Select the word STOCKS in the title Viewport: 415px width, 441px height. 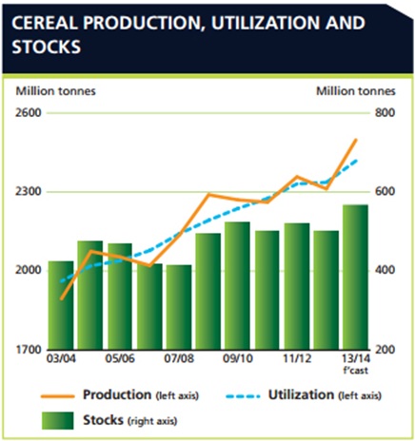tap(47, 47)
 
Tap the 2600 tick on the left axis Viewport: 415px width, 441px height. tap(29, 113)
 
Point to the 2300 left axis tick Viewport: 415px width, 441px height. tap(29, 192)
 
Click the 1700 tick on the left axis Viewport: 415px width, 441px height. tap(29, 350)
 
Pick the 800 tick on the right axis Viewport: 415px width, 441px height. tap(385, 113)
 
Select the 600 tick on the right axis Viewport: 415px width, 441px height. tap(385, 192)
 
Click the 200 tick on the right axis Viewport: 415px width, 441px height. tap(385, 350)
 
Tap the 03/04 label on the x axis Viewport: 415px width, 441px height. tap(61, 359)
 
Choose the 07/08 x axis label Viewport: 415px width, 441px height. tap(179, 359)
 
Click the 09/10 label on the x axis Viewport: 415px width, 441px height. tap(238, 359)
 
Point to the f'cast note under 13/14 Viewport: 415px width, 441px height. tap(356, 371)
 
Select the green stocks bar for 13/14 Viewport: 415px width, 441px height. tap(356, 278)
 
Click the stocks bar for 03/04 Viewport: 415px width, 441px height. tap(61, 305)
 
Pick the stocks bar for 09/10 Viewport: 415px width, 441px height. tap(238, 286)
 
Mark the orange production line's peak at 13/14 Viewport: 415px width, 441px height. tap(356, 140)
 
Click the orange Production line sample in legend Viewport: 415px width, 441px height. tap(57, 396)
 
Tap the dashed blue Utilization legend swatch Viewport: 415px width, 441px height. tap(243, 396)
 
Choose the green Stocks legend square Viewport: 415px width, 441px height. tap(58, 421)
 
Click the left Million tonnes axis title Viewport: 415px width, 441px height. tap(56, 91)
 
